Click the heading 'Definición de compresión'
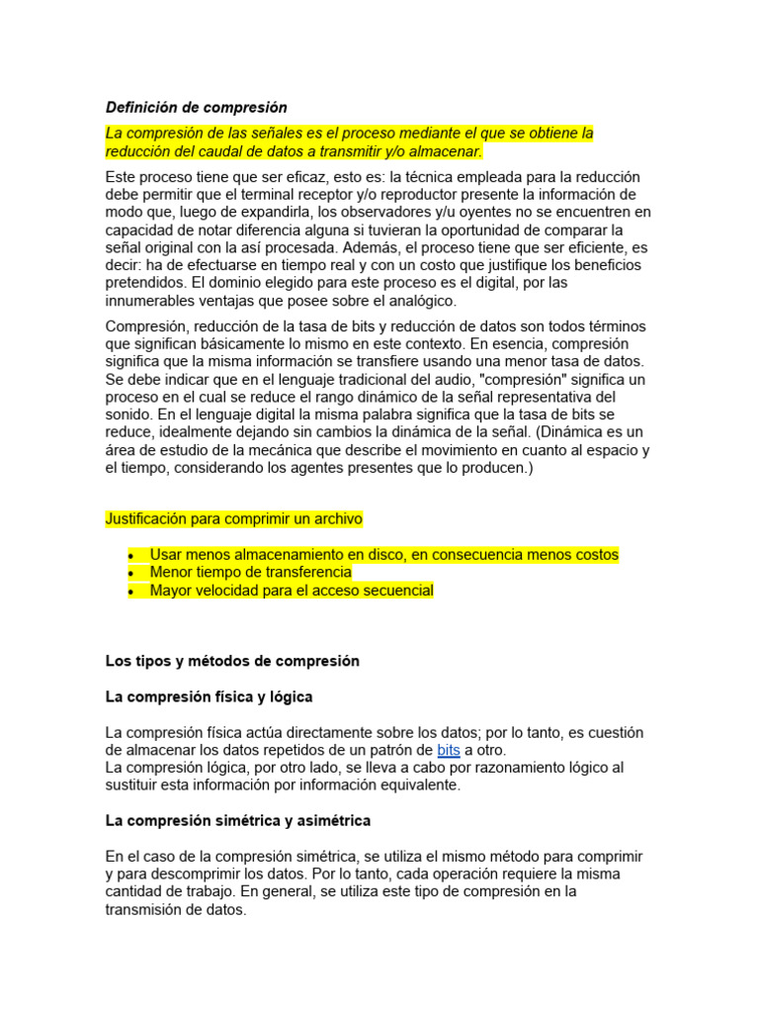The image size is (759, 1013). pyautogui.click(x=196, y=107)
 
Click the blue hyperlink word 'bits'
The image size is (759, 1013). pyautogui.click(x=448, y=751)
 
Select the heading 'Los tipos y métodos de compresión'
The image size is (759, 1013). pyautogui.click(x=232, y=661)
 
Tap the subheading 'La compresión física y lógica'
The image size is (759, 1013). pyautogui.click(x=209, y=697)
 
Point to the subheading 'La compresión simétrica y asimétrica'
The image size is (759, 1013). pyautogui.click(x=237, y=821)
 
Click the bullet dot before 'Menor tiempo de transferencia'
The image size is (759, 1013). pyautogui.click(x=130, y=573)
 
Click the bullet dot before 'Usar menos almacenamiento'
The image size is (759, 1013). pyautogui.click(x=130, y=555)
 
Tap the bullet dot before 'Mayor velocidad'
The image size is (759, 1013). pyautogui.click(x=130, y=592)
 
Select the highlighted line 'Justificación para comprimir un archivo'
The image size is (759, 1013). pyautogui.click(x=234, y=518)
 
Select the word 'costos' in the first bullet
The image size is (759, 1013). pyautogui.click(x=595, y=555)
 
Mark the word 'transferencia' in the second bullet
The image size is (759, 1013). pyautogui.click(x=304, y=573)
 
